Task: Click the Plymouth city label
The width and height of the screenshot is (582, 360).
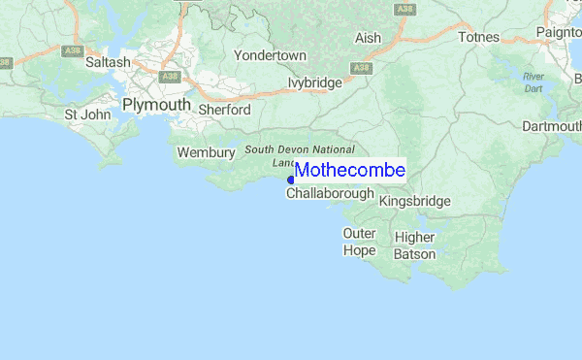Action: pyautogui.click(x=155, y=104)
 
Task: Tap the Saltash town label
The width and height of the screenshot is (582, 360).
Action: pyautogui.click(x=107, y=62)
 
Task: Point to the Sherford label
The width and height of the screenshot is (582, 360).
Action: pyautogui.click(x=224, y=111)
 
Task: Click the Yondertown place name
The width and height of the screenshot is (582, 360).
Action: pyautogui.click(x=270, y=56)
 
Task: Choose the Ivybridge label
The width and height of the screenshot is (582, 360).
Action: pyautogui.click(x=315, y=83)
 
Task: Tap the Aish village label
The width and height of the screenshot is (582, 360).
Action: pyautogui.click(x=369, y=38)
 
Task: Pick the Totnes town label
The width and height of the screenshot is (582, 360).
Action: pyautogui.click(x=479, y=37)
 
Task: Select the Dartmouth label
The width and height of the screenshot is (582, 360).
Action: pyautogui.click(x=551, y=126)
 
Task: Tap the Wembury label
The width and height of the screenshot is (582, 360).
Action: pyautogui.click(x=206, y=152)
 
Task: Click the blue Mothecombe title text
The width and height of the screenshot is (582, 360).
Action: pyautogui.click(x=350, y=171)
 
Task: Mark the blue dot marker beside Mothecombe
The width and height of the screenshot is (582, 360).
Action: pyautogui.click(x=291, y=180)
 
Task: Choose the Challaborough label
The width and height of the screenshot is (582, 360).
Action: pyautogui.click(x=330, y=194)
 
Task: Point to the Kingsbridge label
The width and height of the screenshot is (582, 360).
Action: pyautogui.click(x=415, y=201)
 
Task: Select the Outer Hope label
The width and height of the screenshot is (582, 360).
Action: pyautogui.click(x=359, y=242)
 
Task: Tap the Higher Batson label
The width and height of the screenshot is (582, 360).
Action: pyautogui.click(x=415, y=245)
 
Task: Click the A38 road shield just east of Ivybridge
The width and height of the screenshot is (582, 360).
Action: pyautogui.click(x=362, y=68)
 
